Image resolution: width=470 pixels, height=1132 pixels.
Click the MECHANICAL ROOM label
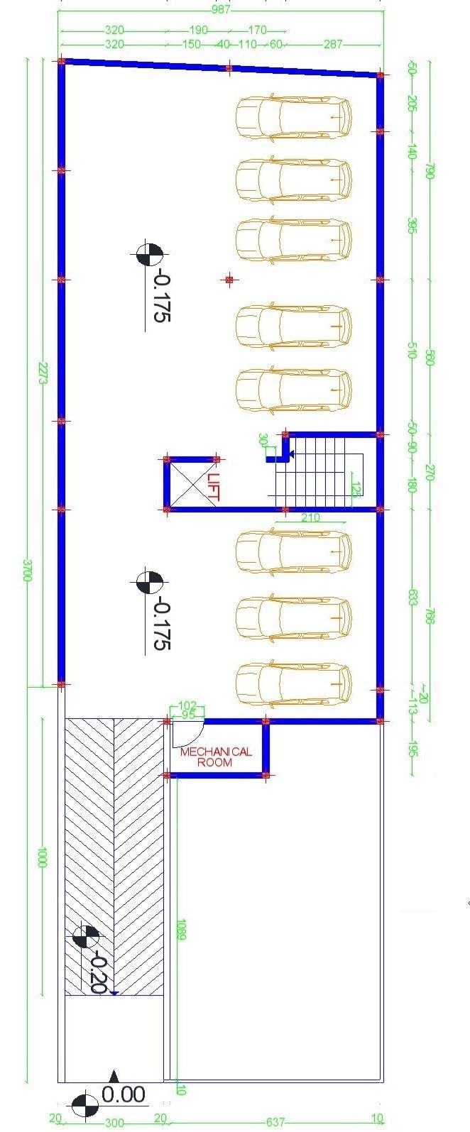(215, 757)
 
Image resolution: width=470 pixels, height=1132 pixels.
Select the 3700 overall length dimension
(28, 570)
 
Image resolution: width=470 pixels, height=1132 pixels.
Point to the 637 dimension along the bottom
(275, 1122)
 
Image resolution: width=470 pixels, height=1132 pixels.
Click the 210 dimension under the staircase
(310, 517)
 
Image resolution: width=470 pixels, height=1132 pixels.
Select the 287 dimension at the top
(332, 44)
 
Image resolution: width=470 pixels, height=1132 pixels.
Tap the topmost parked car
(293, 117)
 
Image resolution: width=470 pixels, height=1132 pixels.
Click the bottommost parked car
(293, 683)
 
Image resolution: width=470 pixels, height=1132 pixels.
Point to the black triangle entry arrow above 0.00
(114, 1075)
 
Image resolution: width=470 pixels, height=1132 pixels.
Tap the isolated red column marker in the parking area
(229, 280)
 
